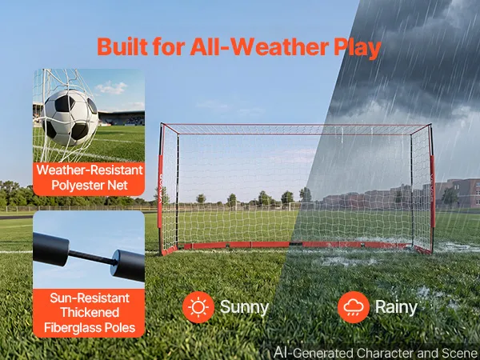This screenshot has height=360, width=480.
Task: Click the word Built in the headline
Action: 122,46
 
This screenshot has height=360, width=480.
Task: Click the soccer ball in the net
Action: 71,118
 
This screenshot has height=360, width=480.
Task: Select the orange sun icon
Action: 198,307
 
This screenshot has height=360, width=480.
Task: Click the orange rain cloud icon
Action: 354,307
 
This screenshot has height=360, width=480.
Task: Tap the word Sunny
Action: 244,308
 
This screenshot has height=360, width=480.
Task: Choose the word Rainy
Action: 396,308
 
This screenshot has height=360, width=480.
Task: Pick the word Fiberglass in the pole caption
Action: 73,327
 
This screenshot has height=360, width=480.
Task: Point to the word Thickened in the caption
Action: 90,313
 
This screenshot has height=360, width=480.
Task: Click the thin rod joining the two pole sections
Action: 93,258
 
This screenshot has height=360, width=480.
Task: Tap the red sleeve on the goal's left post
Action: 161,191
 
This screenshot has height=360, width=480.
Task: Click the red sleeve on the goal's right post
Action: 433,191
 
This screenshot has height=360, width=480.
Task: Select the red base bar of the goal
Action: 295,245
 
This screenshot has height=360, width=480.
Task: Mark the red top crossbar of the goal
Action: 296,125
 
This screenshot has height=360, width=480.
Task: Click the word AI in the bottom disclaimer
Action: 282,352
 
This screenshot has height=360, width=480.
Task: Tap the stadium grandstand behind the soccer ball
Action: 122,118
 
